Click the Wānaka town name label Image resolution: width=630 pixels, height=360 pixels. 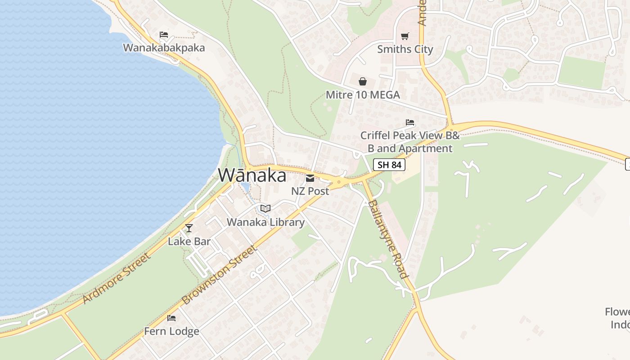pyautogui.click(x=252, y=175)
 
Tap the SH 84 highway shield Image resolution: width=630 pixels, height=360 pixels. pyautogui.click(x=389, y=165)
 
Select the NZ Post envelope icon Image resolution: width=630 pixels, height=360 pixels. pyautogui.click(x=310, y=178)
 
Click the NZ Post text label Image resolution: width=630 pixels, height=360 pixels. pyautogui.click(x=310, y=191)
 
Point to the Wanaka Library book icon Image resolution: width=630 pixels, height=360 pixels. pyautogui.click(x=265, y=209)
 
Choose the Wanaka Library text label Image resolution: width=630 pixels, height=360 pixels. pyautogui.click(x=265, y=222)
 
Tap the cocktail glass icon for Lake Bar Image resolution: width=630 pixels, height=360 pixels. pyautogui.click(x=189, y=228)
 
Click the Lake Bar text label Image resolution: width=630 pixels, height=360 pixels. pyautogui.click(x=189, y=241)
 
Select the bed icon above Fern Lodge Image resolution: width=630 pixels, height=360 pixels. pyautogui.click(x=171, y=318)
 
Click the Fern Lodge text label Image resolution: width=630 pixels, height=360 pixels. pyautogui.click(x=171, y=332)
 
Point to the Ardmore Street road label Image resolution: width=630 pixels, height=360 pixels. pyautogui.click(x=116, y=279)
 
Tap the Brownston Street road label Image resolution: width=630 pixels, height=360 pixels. pyautogui.click(x=220, y=274)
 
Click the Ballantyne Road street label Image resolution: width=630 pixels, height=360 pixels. pyautogui.click(x=387, y=238)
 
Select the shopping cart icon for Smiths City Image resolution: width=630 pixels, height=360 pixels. pyautogui.click(x=405, y=36)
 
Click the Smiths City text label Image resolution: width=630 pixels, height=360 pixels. pyautogui.click(x=405, y=49)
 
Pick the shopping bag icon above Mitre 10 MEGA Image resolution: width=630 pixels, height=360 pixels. pyautogui.click(x=363, y=81)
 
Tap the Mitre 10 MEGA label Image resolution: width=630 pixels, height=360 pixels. pyautogui.click(x=363, y=95)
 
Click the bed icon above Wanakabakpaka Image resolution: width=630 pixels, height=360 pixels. pyautogui.click(x=164, y=35)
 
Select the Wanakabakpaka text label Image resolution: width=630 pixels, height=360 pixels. pyautogui.click(x=164, y=48)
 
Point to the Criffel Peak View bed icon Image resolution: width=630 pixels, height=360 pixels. pyautogui.click(x=409, y=122)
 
